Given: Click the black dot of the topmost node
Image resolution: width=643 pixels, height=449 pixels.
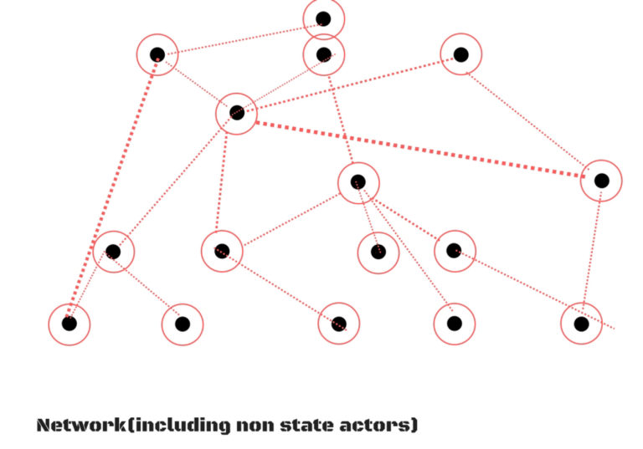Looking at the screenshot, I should click(323, 18).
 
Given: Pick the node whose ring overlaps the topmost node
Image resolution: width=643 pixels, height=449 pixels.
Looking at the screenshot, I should click(324, 54).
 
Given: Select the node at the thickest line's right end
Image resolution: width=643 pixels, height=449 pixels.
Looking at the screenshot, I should click(601, 180).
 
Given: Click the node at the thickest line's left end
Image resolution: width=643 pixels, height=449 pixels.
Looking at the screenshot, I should click(236, 112).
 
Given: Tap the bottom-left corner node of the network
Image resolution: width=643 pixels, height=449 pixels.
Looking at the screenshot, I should click(69, 323).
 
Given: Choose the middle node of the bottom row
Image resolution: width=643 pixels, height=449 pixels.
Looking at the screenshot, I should click(338, 323).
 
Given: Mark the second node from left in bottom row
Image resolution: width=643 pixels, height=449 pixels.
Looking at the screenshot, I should click(182, 323).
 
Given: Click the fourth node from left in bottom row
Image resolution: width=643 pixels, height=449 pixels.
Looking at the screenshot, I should click(454, 323).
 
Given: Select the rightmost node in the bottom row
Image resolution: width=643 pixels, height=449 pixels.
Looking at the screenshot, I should click(581, 323).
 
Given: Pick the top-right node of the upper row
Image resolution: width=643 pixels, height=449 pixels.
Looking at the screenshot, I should click(460, 54).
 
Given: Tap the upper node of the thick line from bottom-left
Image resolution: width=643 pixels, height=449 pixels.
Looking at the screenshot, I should click(157, 54).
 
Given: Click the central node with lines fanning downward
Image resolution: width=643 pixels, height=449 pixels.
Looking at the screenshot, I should click(358, 181).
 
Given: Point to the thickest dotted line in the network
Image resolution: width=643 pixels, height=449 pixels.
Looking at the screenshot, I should click(419, 146).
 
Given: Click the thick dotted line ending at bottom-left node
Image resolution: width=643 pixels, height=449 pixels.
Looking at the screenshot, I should click(113, 188).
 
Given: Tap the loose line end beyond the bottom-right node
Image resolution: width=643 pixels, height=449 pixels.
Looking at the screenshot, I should click(615, 328).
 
